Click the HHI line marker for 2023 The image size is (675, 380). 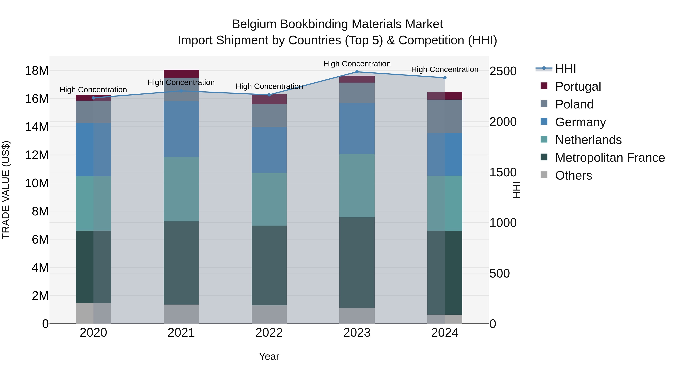[x=357, y=72]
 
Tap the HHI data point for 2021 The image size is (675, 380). [x=181, y=91]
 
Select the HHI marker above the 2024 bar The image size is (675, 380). [x=445, y=78]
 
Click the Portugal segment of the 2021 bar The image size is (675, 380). [x=181, y=74]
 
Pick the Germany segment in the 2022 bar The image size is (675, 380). [x=269, y=150]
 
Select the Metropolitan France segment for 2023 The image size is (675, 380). [x=357, y=263]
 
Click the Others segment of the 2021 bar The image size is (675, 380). [x=181, y=314]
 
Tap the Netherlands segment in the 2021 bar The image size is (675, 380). [x=181, y=189]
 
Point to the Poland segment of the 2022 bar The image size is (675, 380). [x=269, y=116]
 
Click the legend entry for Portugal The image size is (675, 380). [x=578, y=87]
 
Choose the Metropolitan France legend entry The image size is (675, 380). [x=610, y=158]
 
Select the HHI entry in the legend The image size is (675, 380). [x=565, y=69]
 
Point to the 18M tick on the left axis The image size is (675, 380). [x=37, y=71]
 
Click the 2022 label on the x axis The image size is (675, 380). [x=269, y=333]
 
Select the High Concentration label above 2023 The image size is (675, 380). [x=357, y=64]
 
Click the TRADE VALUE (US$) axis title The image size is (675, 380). [x=6, y=190]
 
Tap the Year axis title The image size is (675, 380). [x=269, y=356]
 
